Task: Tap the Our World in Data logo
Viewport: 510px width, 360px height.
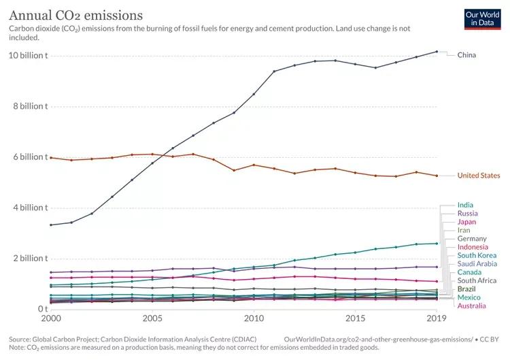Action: (482, 18)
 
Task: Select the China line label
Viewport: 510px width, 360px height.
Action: (466, 55)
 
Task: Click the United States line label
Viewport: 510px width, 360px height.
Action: (479, 176)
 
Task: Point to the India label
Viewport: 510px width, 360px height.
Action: (466, 205)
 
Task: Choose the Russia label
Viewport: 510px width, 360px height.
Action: (467, 214)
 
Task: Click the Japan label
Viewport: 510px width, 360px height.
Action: (466, 222)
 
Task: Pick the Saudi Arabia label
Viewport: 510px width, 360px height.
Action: (477, 263)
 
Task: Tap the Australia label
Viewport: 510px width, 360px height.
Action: (471, 306)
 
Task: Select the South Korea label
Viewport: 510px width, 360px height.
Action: (477, 255)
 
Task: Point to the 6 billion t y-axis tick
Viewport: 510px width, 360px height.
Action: (29, 157)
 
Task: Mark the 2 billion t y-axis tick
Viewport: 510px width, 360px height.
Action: (29, 259)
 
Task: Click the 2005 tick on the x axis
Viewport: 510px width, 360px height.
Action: (152, 318)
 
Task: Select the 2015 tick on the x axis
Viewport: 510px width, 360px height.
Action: (355, 318)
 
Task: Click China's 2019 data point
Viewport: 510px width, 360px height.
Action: (437, 52)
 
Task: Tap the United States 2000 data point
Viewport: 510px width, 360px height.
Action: (51, 157)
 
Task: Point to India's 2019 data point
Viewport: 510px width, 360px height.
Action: (437, 243)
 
